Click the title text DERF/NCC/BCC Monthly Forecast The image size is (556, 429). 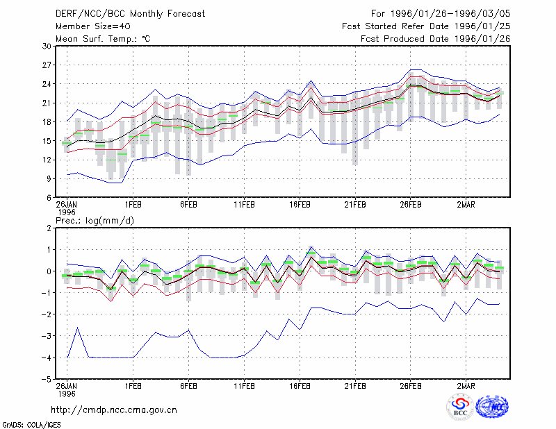pyautogui.click(x=130, y=14)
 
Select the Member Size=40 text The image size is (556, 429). pyautogui.click(x=93, y=26)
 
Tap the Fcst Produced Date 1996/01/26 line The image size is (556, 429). pyautogui.click(x=436, y=39)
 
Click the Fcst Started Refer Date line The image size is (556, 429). pyautogui.click(x=426, y=26)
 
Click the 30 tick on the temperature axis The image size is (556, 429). pyautogui.click(x=47, y=46)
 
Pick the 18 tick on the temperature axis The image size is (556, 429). pyautogui.click(x=47, y=122)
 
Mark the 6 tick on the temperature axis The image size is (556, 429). pyautogui.click(x=49, y=198)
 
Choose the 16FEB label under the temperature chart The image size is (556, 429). pyautogui.click(x=300, y=205)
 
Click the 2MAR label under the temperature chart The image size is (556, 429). pyautogui.click(x=466, y=205)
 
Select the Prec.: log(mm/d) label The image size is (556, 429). pyautogui.click(x=95, y=221)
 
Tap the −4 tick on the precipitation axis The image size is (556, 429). pyautogui.click(x=46, y=357)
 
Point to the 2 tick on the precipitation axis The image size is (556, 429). pyautogui.click(x=49, y=228)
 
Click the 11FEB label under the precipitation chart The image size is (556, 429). pyautogui.click(x=244, y=386)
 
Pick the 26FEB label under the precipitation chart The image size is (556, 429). pyautogui.click(x=411, y=386)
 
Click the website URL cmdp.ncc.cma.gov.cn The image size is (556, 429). pyautogui.click(x=114, y=410)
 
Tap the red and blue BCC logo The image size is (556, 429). pyautogui.click(x=460, y=407)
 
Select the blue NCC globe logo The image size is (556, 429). pyautogui.click(x=492, y=407)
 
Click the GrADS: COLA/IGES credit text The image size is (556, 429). pyautogui.click(x=31, y=425)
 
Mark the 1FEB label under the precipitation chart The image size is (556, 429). pyautogui.click(x=133, y=386)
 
